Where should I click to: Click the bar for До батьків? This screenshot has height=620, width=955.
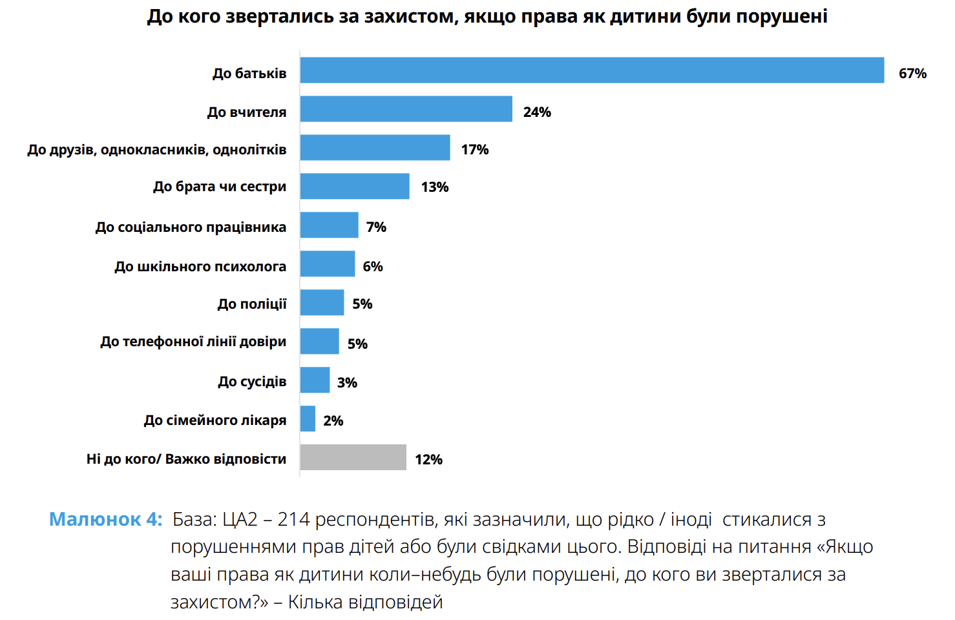[x=592, y=70]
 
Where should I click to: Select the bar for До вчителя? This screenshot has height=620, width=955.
[x=406, y=109]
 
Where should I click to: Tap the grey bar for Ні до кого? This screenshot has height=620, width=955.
[x=353, y=457]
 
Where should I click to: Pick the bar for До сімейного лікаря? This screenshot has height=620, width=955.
[x=308, y=418]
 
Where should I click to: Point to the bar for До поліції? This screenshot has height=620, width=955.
[x=322, y=302]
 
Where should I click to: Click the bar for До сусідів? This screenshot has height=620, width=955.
[x=315, y=380]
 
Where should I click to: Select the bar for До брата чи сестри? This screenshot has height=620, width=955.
[x=355, y=186]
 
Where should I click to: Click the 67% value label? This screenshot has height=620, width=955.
[x=912, y=74]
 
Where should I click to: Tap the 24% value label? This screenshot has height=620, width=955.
[x=537, y=112]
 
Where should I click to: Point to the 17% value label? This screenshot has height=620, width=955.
[x=475, y=150]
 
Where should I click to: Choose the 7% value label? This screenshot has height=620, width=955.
[x=376, y=227]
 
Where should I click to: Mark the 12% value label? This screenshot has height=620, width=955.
[x=428, y=460]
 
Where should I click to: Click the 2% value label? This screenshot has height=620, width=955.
[x=333, y=421]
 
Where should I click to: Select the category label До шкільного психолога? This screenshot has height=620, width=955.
[x=200, y=267]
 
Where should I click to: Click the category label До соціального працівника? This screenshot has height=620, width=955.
[x=191, y=227]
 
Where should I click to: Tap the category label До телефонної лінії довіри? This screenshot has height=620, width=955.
[x=193, y=342]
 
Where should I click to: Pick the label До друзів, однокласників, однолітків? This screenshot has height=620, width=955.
[x=157, y=150]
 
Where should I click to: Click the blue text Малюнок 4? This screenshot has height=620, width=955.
[x=106, y=519]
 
